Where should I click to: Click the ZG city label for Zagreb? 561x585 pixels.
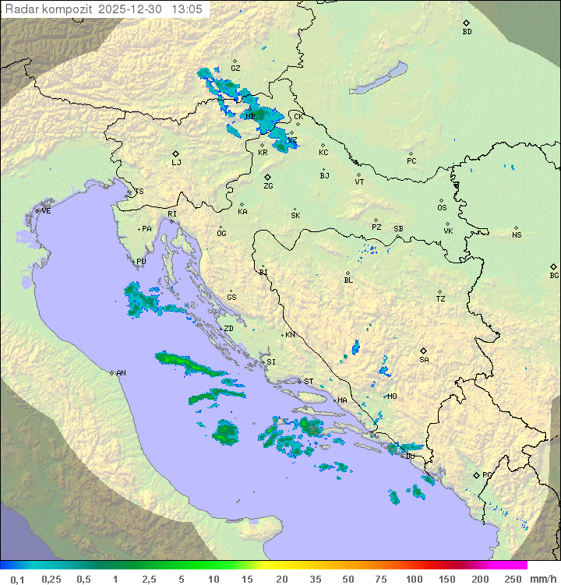pos(268,186)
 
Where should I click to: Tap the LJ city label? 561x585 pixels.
pos(176,163)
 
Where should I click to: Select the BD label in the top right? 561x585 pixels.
pos(467,32)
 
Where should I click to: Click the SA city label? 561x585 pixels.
pos(424,360)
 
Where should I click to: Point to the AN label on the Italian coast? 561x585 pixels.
pos(121,373)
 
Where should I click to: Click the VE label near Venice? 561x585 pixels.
pos(46,211)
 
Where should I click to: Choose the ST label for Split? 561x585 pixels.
pos(309,382)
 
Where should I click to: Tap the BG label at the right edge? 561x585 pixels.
pos(554,275)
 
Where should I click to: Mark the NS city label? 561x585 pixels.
pos(517,235)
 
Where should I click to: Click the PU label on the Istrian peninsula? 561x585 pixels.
pos(141,263)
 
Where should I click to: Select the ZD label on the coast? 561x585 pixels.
pos(228,329)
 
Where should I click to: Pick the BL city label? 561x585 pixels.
pos(348,280)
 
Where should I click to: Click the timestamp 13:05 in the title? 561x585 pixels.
pos(188,9)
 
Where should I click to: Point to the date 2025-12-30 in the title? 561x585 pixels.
pos(132,9)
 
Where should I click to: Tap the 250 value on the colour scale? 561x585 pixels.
pos(512,579)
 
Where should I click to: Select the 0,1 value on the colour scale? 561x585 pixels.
pos(17,579)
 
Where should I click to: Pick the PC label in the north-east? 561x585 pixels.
pos(411,161)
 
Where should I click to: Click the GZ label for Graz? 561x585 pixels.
pos(235,69)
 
